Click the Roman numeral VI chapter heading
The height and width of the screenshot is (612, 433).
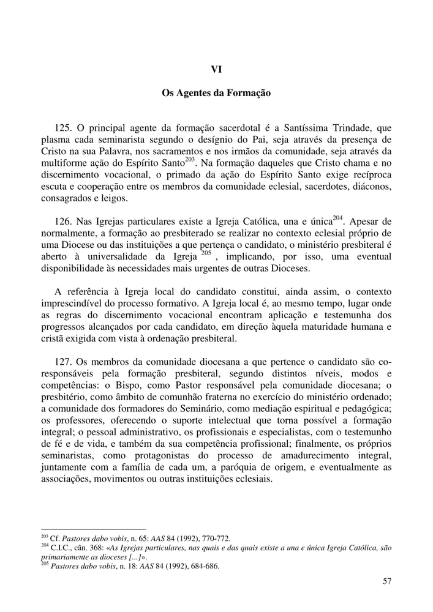click(216, 70)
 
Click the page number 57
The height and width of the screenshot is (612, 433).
click(386, 581)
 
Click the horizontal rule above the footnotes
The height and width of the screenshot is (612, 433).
click(92, 530)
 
